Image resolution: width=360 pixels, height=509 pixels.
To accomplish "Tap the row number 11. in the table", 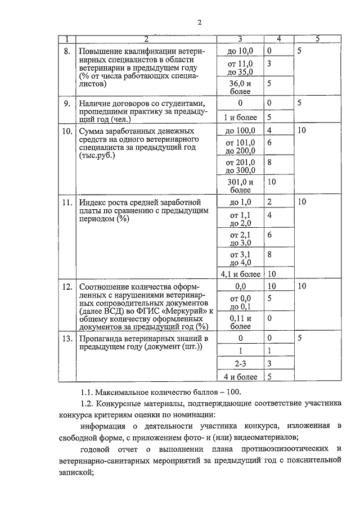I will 67,202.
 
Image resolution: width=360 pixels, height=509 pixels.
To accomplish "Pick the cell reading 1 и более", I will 240,118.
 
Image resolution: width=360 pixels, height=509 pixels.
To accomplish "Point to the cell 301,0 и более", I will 240,186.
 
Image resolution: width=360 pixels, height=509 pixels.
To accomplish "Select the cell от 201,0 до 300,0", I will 240,166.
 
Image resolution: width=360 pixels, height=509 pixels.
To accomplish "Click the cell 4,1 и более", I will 240,274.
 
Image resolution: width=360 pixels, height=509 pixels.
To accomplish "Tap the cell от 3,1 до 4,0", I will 240,258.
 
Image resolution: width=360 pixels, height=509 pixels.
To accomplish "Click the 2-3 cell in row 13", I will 240,363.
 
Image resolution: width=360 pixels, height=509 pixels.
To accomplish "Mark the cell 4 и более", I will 240,377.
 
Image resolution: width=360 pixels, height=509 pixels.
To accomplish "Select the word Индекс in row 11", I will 93,202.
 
